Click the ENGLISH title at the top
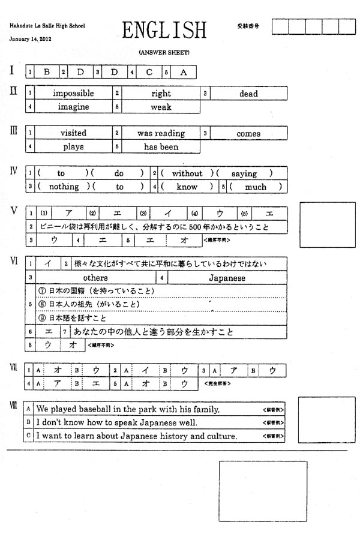coord(164,30)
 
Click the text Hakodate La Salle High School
coord(47,26)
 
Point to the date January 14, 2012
coord(34,39)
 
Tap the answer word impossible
coord(73,94)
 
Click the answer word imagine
coord(73,107)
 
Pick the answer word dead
coord(248,94)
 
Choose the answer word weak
coord(161,107)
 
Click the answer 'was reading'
coord(161,133)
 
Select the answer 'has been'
coord(161,146)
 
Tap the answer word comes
coord(248,133)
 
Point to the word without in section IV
coord(187,173)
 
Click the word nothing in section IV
coord(64,187)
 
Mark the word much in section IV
coord(256,187)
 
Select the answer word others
coord(95,278)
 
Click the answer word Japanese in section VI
coord(227,278)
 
